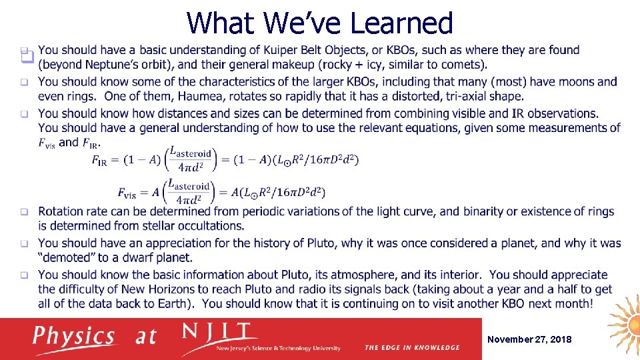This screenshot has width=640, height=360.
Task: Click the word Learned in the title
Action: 401,23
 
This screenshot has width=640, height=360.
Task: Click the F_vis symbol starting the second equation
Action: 129,193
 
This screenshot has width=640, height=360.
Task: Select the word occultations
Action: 209,225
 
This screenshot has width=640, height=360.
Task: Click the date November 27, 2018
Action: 529,339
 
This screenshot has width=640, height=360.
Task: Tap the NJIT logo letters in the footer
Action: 219,332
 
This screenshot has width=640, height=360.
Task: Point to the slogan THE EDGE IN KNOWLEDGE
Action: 412,347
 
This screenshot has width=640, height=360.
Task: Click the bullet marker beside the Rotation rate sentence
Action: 24,212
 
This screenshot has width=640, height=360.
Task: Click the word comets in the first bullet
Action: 465,65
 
